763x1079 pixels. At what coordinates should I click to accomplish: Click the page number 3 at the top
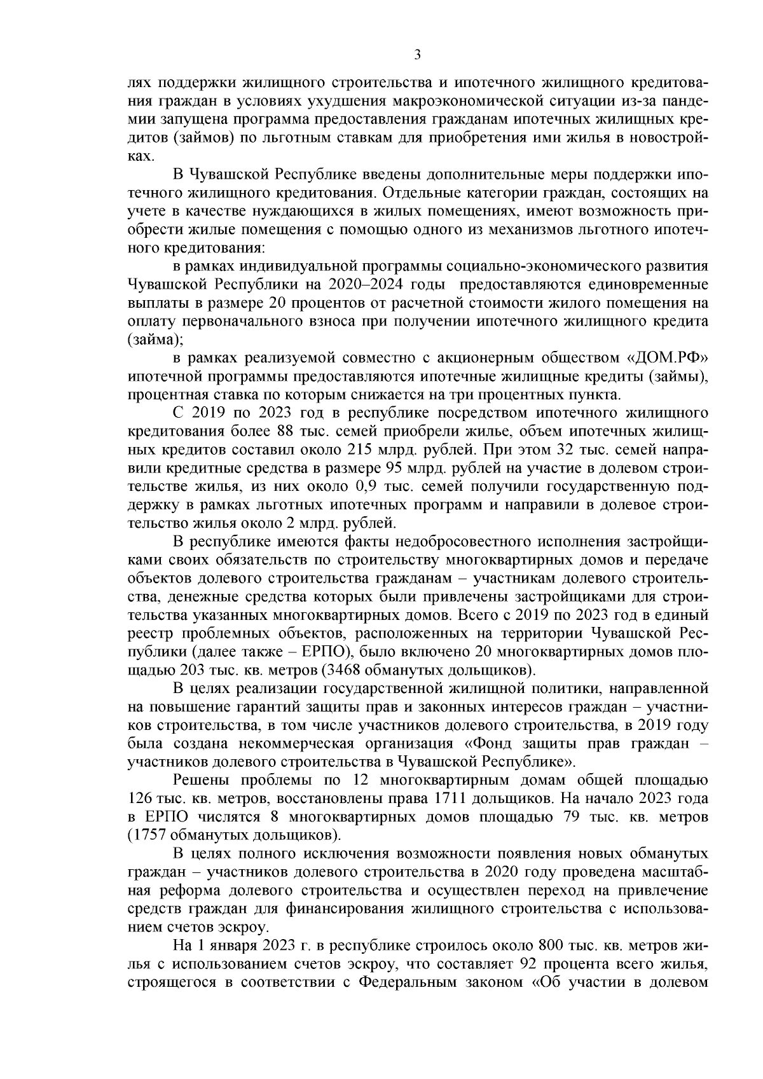(x=417, y=55)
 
